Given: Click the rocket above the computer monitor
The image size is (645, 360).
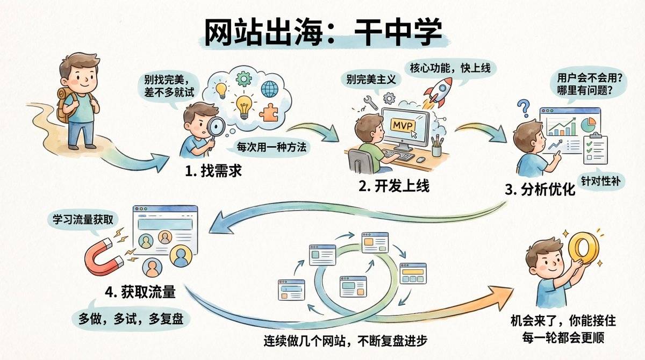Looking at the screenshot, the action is click(438, 92).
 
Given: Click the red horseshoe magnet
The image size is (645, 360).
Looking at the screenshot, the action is click(104, 257).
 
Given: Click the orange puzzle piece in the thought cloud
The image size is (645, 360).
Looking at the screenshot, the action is click(268, 112).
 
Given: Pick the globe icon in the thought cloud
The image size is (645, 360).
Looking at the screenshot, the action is click(269, 89).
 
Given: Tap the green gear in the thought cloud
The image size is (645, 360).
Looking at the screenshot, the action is click(243, 78).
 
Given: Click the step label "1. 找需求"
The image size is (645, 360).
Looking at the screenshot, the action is click(213, 171).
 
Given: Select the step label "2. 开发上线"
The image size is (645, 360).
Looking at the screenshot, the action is click(394, 186).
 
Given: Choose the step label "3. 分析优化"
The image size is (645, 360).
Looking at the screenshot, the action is click(540, 190).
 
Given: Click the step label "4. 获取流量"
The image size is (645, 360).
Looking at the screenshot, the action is click(140, 292).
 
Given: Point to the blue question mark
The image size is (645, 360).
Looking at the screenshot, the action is click(524, 108).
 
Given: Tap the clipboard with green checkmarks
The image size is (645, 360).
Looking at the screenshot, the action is click(595, 149).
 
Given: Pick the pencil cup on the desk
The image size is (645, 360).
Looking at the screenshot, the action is click(437, 146).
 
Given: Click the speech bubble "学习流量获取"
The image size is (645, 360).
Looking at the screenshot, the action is click(83, 220).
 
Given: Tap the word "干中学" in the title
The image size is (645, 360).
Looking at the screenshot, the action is click(398, 32).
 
